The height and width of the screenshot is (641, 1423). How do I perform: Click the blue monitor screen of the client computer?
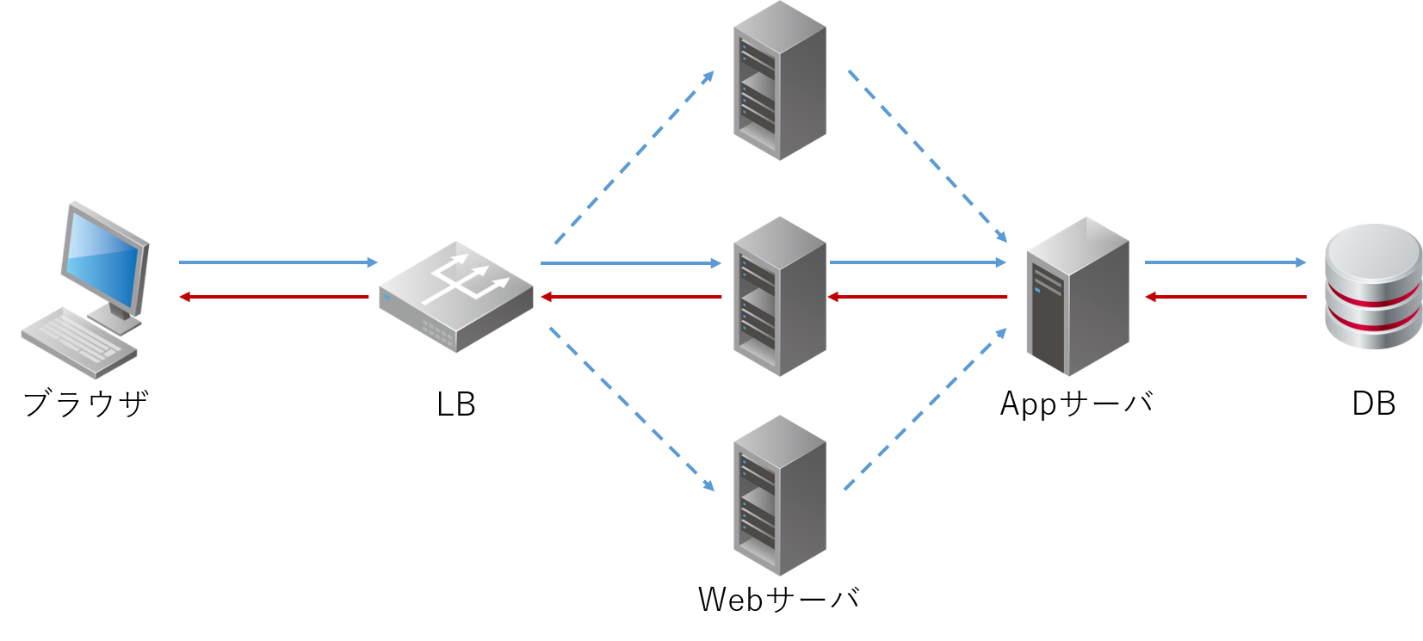(x=104, y=261)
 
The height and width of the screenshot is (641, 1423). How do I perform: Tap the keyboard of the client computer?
(x=78, y=342)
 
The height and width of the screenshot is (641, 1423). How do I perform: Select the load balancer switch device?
(x=456, y=297)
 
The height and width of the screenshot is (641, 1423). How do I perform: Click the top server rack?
(x=779, y=82)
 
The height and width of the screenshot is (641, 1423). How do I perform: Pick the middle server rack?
(x=779, y=297)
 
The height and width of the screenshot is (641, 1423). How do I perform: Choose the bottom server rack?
(x=779, y=496)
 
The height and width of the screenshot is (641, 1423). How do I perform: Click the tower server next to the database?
(x=1077, y=297)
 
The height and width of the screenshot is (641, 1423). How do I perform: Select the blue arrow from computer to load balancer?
(x=277, y=262)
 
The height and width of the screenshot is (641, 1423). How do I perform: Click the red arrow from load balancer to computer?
(x=274, y=297)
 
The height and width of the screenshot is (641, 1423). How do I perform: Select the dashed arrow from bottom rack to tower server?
(x=925, y=410)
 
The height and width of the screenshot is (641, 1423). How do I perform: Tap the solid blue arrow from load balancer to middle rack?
(x=631, y=262)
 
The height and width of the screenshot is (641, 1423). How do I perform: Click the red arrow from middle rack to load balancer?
(x=631, y=297)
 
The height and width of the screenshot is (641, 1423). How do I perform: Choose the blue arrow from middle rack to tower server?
(x=918, y=262)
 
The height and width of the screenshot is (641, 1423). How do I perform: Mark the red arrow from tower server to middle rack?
(x=918, y=297)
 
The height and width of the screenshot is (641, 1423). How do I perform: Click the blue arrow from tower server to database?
(x=1225, y=262)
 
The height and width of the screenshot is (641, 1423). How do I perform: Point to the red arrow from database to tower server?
(x=1225, y=297)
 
